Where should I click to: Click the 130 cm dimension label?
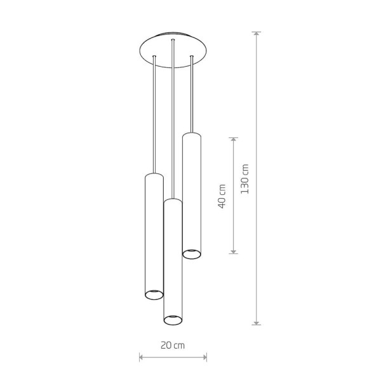[245, 179]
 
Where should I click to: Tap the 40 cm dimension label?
[222, 196]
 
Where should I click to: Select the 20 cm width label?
[173, 345]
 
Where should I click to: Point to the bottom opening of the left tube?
[154, 295]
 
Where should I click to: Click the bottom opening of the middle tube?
[173, 320]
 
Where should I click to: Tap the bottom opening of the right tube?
[192, 254]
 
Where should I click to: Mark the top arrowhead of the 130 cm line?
[256, 34]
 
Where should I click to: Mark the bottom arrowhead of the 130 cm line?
[256, 322]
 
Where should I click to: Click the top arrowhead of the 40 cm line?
[233, 140]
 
